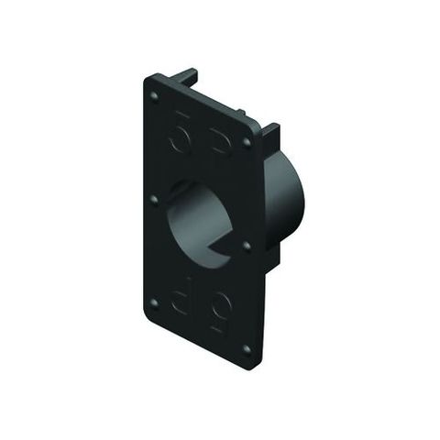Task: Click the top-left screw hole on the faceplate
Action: coord(154,93)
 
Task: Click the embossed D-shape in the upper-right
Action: coord(220,143)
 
